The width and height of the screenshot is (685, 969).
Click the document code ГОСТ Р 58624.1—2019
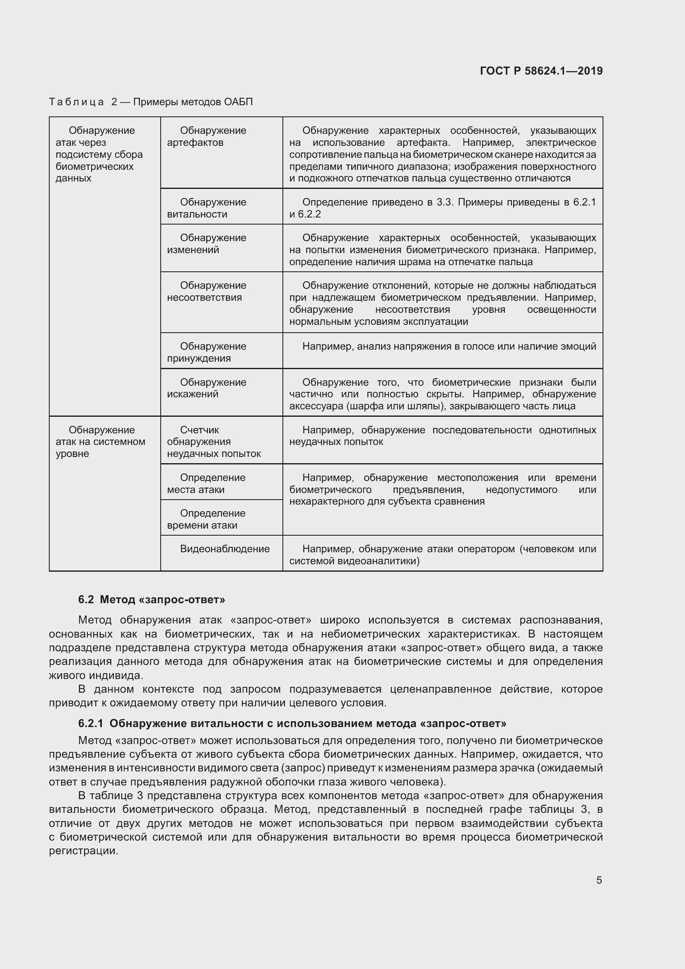[541, 71]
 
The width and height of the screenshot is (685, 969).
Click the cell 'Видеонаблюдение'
[224, 549]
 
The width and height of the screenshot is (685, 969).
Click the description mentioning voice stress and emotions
[449, 346]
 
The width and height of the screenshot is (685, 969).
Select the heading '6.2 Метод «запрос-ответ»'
[152, 599]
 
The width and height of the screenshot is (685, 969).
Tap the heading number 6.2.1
[91, 723]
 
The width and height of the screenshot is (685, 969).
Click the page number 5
[599, 880]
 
